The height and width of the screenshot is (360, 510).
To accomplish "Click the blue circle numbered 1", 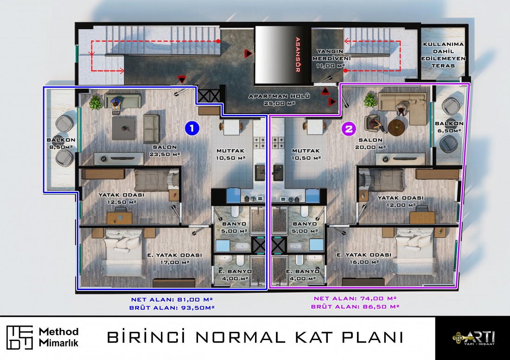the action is tap(192, 128).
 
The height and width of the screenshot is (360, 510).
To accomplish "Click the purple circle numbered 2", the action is tap(349, 129).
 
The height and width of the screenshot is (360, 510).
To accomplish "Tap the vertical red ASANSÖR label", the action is tap(297, 55).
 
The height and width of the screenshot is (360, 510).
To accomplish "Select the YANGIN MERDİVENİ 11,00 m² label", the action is tap(331, 58).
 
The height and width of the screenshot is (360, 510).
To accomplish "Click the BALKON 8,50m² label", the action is tap(61, 143).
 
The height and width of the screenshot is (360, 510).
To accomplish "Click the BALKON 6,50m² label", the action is tap(449, 126).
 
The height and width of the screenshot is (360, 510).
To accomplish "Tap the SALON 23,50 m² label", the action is tap(165, 151).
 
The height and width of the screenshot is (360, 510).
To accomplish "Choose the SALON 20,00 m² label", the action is tap(370, 143).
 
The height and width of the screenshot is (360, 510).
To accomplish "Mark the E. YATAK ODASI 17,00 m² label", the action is tap(175, 259).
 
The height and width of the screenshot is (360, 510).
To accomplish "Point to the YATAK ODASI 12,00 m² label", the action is tap(401, 201).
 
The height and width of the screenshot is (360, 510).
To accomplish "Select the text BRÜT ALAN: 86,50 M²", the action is tap(355, 306).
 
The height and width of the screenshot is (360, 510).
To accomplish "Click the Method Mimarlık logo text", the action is tap(58, 337).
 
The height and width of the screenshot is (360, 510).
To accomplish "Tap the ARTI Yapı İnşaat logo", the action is tap(473, 338).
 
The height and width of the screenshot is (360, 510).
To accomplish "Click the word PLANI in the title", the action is tap(372, 337).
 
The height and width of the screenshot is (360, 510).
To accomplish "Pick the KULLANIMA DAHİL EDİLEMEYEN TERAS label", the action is tap(443, 55).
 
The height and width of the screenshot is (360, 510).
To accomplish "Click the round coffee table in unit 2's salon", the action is tap(396, 127).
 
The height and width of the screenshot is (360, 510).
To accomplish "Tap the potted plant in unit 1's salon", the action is tap(96, 102).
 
